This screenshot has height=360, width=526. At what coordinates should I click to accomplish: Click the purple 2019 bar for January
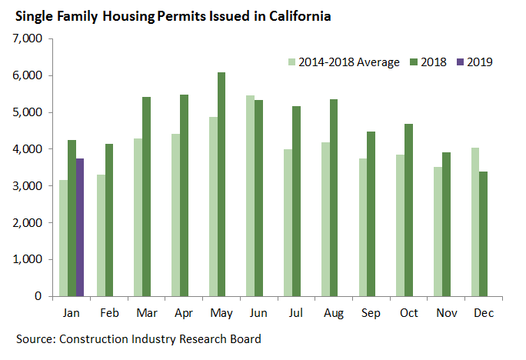coord(81,227)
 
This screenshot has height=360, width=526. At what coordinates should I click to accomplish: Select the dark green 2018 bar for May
coord(221,185)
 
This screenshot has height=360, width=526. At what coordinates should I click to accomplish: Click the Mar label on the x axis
coord(143,314)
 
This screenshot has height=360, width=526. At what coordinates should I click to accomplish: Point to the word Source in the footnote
coord(35,339)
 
